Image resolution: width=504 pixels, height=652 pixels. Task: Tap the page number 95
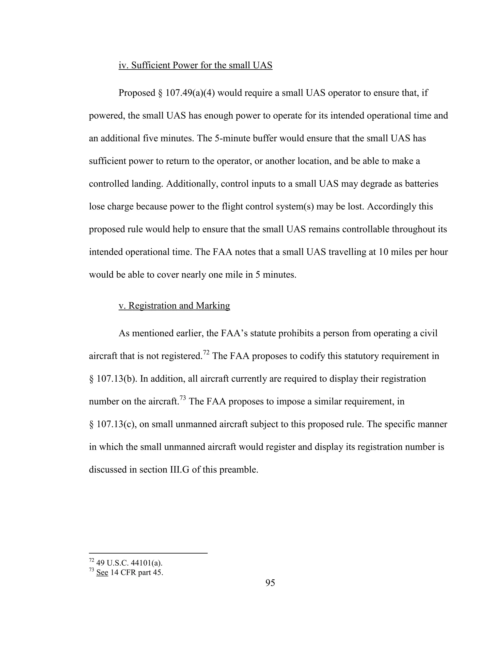coord(270,582)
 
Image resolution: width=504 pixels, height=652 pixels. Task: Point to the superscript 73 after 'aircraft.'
coord(183,398)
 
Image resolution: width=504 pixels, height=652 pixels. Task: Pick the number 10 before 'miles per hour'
coord(383,252)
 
